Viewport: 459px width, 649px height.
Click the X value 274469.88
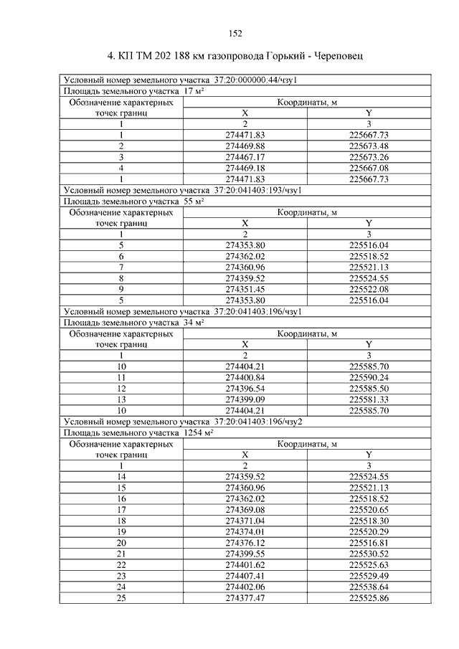click(x=245, y=146)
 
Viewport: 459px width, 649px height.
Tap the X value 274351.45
click(x=245, y=289)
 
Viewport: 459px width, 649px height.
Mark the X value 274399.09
click(x=245, y=399)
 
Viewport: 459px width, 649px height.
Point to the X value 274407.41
click(x=245, y=576)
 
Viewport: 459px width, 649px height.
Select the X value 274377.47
click(x=245, y=597)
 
